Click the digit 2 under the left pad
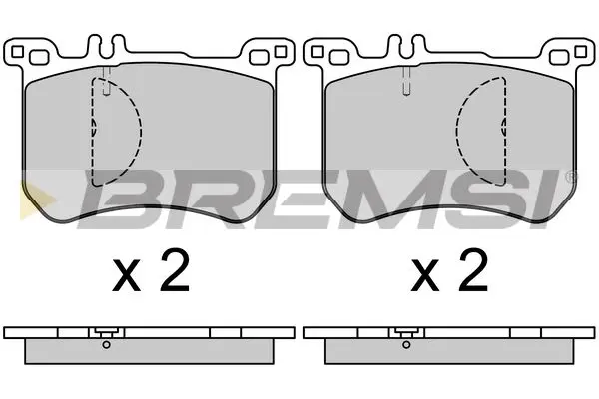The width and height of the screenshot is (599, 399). (x=176, y=272)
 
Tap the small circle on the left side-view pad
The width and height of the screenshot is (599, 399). (x=105, y=345)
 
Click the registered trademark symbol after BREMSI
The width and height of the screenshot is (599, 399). (x=571, y=177)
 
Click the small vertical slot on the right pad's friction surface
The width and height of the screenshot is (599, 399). (x=405, y=85)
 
